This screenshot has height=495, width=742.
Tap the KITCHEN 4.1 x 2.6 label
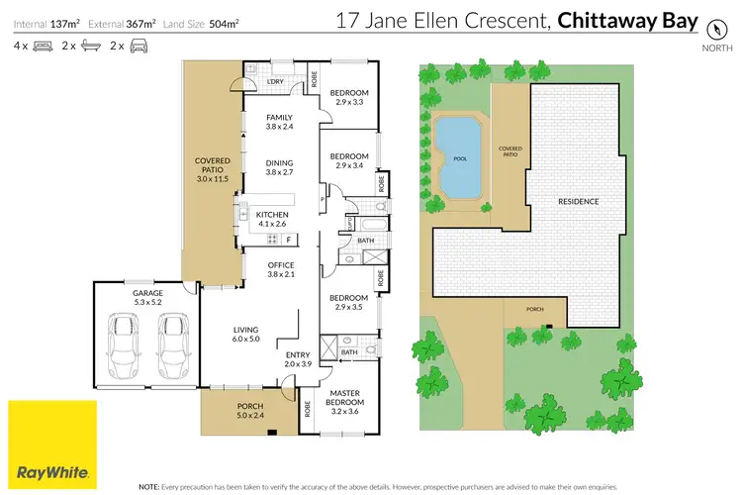click(x=270, y=219)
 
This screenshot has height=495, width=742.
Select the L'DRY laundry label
click(x=275, y=81)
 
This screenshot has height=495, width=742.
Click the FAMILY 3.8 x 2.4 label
click(x=280, y=122)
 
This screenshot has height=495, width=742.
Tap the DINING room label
click(x=280, y=167)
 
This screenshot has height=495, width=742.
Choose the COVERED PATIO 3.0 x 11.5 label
click(x=212, y=169)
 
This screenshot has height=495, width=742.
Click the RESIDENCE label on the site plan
click(x=579, y=201)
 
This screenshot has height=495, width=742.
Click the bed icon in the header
click(x=43, y=46)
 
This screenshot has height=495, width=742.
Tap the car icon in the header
click(x=139, y=46)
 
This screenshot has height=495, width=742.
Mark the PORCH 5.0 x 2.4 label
click(x=250, y=411)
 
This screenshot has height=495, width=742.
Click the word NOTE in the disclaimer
click(x=149, y=487)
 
